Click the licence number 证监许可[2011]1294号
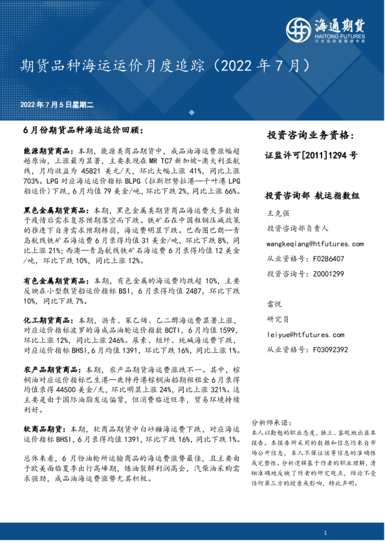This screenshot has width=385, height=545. click(x=311, y=155)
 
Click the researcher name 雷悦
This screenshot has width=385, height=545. click(x=274, y=304)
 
